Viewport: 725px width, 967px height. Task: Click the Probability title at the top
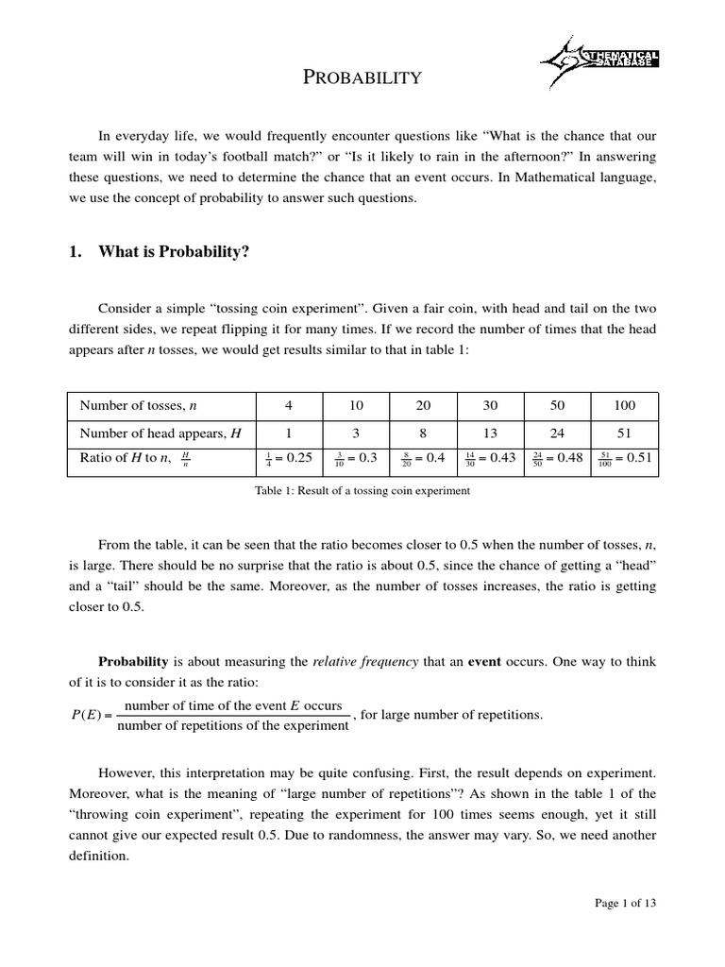[x=362, y=77]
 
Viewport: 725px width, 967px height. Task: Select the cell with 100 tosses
[x=623, y=405]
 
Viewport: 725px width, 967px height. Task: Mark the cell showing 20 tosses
[x=422, y=405]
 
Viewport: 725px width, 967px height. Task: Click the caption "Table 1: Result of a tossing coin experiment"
[x=362, y=491]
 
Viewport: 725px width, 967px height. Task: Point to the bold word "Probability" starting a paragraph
[x=133, y=662]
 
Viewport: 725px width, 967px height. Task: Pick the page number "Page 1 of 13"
[x=625, y=903]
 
